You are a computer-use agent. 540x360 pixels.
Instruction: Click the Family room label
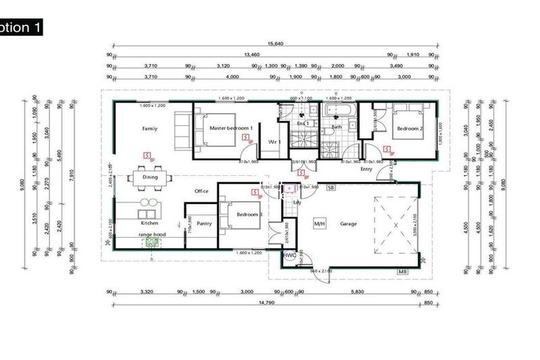[149, 129]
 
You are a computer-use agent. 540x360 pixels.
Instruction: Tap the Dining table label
[150, 178]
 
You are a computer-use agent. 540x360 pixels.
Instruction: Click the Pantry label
[205, 224]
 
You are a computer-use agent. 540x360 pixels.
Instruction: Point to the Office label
[202, 191]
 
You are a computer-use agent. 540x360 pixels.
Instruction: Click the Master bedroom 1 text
[231, 127]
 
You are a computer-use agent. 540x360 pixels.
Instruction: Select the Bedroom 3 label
[249, 214]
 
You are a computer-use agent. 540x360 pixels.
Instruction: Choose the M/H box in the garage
[319, 224]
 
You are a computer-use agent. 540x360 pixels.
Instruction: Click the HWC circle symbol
[288, 256]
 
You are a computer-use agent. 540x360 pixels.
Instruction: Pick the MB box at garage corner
[403, 271]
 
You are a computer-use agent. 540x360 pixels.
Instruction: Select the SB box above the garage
[330, 188]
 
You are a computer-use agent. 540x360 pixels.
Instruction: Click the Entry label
[366, 169]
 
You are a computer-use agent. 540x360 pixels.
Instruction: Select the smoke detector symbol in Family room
[146, 153]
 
